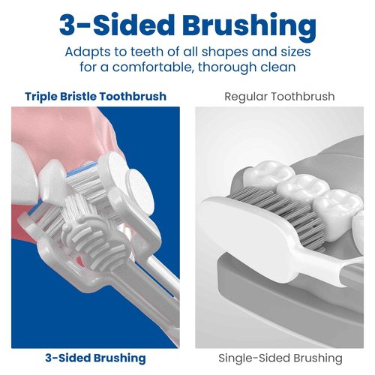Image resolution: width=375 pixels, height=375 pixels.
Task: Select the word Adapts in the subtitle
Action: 86,53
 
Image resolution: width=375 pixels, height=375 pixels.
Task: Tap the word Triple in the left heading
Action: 42,97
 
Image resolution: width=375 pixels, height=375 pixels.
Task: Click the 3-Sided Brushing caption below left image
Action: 95,358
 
